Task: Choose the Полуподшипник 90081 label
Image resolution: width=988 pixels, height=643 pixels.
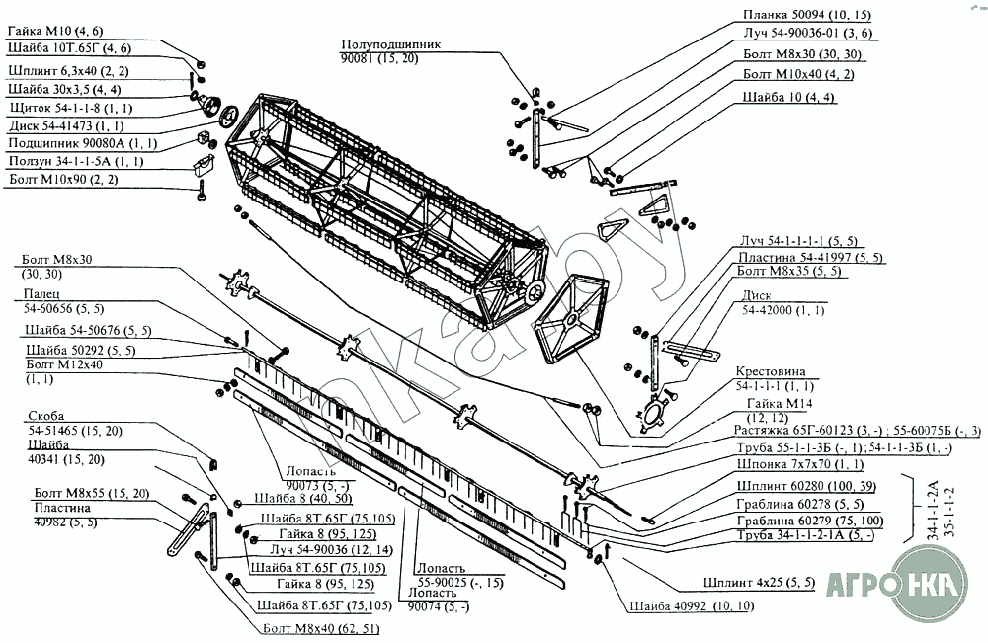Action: [x=384, y=52]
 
